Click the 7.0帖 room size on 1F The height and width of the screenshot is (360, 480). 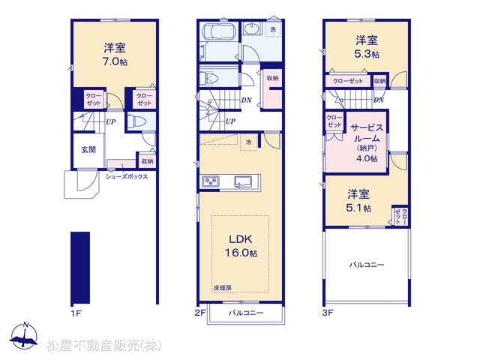point(115,61)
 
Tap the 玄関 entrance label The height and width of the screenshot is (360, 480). point(88,149)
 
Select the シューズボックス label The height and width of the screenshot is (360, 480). point(127,177)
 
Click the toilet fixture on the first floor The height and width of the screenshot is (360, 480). point(136,121)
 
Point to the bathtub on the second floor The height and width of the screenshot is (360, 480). point(220,31)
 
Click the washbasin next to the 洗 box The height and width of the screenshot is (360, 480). point(253,28)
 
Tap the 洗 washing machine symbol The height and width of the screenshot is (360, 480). point(273,29)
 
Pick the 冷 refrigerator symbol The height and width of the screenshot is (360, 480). point(249,142)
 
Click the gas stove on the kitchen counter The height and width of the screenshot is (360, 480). point(211,181)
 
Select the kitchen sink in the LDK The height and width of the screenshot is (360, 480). point(243,181)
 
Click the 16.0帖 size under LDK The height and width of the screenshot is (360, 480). point(241,253)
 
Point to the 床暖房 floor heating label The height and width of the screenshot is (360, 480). point(223,288)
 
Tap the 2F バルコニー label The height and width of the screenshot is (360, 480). point(246,313)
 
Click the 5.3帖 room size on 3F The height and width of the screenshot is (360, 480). point(367,54)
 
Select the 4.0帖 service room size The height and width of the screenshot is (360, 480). point(367,158)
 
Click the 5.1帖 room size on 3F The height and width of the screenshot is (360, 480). point(358,208)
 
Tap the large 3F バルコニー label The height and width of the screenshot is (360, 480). point(367,265)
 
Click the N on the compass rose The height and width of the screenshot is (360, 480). point(26,325)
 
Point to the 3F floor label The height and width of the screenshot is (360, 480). point(328,313)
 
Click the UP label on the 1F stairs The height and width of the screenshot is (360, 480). point(111,121)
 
